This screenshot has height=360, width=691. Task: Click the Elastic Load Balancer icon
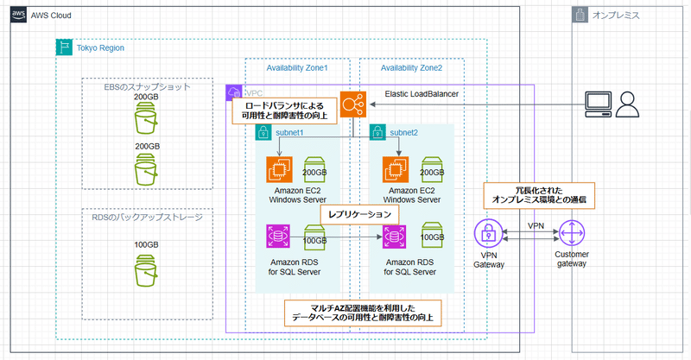click(352, 105)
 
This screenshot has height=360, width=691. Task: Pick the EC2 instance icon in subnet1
click(280, 171)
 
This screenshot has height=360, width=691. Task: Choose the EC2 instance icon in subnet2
click(397, 171)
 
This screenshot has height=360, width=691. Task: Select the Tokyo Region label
click(100, 47)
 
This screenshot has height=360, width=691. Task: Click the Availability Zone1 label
click(296, 67)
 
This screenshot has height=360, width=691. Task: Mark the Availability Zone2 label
click(411, 67)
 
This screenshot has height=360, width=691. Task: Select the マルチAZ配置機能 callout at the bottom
click(363, 313)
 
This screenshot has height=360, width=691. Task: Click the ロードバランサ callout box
click(284, 111)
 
